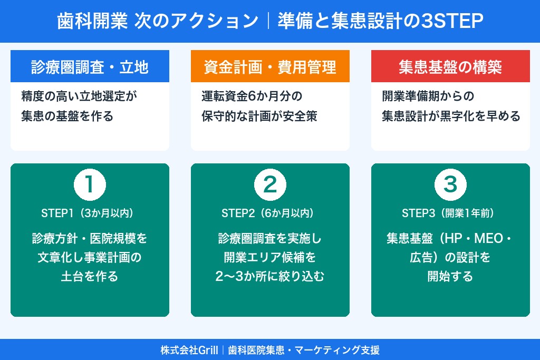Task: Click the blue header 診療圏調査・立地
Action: point(90,67)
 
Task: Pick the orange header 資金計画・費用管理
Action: point(270,67)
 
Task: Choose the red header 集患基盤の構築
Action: point(450,67)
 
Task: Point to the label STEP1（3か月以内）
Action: point(90,213)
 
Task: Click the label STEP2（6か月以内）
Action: point(270,213)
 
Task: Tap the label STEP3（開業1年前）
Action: point(450,213)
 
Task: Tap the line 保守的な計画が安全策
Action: point(259,116)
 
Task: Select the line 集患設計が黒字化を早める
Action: point(451,116)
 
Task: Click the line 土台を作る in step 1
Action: point(90,276)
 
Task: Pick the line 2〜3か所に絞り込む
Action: point(270,276)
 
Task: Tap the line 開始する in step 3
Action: point(450,276)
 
